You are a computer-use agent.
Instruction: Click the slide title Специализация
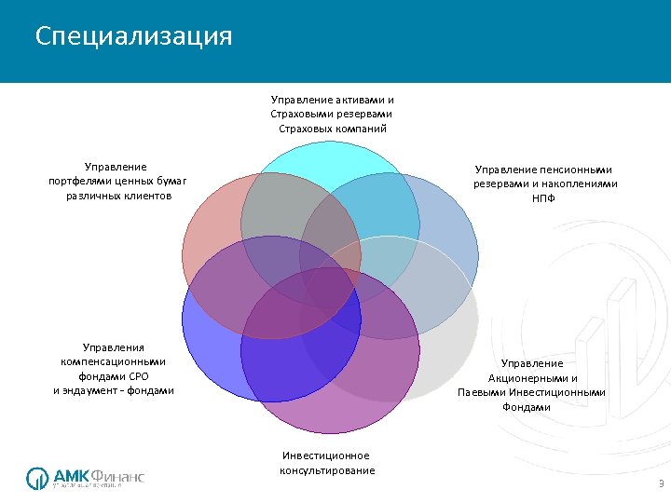click(x=133, y=36)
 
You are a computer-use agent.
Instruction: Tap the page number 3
click(x=660, y=483)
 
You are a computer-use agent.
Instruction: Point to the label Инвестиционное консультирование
click(x=327, y=463)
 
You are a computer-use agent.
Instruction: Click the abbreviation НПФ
click(x=544, y=198)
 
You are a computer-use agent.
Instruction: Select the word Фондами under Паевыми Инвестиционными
click(x=532, y=407)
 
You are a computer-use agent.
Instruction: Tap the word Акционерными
click(x=532, y=377)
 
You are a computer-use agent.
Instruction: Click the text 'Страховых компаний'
click(x=332, y=128)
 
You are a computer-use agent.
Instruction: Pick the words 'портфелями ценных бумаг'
click(x=117, y=182)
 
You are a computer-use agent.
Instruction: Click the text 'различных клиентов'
click(x=117, y=197)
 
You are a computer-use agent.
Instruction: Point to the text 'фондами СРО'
click(x=114, y=375)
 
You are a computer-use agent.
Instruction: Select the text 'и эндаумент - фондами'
click(x=114, y=390)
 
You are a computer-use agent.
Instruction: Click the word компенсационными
click(x=114, y=360)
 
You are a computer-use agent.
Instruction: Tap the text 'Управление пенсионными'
click(x=544, y=169)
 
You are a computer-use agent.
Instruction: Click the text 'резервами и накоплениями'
click(x=544, y=184)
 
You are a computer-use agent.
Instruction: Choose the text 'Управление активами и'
click(x=332, y=98)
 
